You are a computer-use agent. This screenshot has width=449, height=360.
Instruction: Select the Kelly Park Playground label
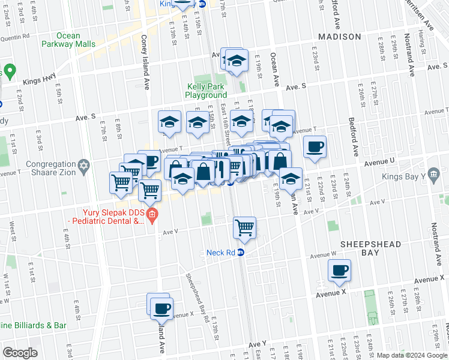click(x=206, y=91)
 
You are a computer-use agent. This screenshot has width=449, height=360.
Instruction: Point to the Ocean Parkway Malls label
click(x=68, y=40)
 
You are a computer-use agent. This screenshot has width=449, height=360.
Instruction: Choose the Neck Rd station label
click(x=220, y=253)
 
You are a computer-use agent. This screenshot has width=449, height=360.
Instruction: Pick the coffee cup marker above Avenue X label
click(x=340, y=270)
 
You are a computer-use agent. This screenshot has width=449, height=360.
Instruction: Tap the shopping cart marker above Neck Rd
click(x=244, y=227)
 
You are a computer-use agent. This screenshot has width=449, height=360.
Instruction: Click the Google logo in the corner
click(x=20, y=353)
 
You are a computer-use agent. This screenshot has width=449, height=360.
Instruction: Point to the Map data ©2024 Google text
click(x=412, y=355)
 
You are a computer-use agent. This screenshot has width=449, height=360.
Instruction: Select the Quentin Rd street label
click(x=15, y=37)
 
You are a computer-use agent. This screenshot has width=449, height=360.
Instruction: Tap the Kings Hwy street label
click(x=38, y=80)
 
